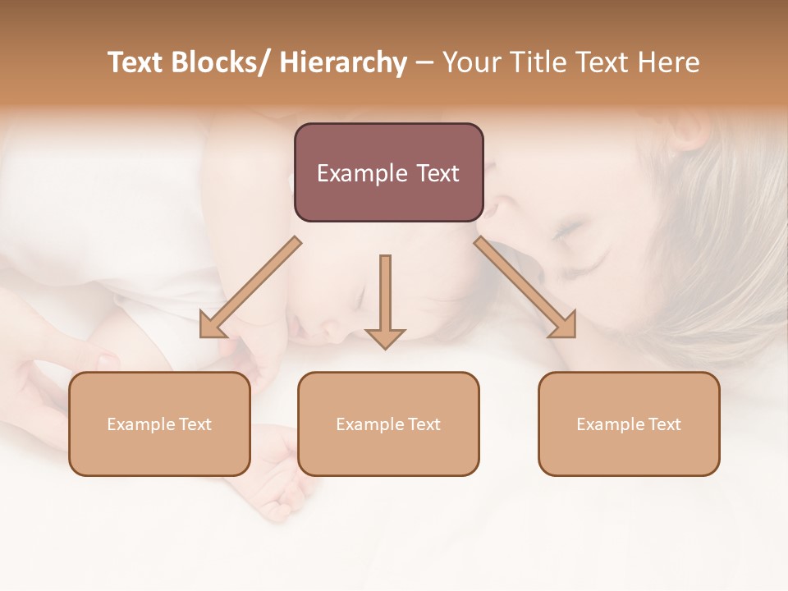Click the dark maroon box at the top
tap(388, 172)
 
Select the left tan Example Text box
tap(159, 424)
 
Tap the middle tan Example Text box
tap(388, 424)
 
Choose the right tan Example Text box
tap(629, 424)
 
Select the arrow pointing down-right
tap(525, 287)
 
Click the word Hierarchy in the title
tap(343, 62)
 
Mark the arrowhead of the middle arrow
tap(385, 337)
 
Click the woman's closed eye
tap(566, 231)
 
